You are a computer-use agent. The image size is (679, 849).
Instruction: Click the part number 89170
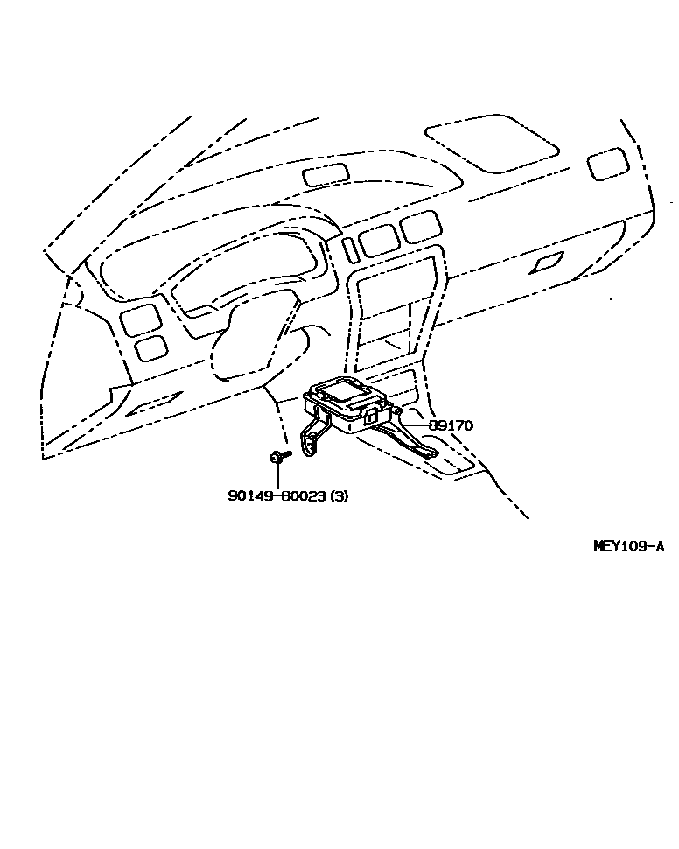pos(451,425)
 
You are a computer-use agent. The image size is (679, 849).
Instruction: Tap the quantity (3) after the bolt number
pos(339,496)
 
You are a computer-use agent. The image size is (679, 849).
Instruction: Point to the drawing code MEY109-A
pos(628,546)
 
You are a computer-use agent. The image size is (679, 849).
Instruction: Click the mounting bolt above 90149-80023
pos(276,457)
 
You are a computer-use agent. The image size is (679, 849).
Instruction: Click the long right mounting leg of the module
pos(416,438)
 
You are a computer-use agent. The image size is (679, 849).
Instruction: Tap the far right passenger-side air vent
pos(607,164)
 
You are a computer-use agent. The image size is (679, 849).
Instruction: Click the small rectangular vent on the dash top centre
pos(325,174)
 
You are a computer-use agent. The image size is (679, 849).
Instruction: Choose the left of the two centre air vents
pos(379,239)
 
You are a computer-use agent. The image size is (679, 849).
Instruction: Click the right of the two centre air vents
pos(421,227)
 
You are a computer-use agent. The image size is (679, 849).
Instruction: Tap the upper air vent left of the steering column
pos(140,319)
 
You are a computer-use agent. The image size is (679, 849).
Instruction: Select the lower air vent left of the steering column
pos(151,348)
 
